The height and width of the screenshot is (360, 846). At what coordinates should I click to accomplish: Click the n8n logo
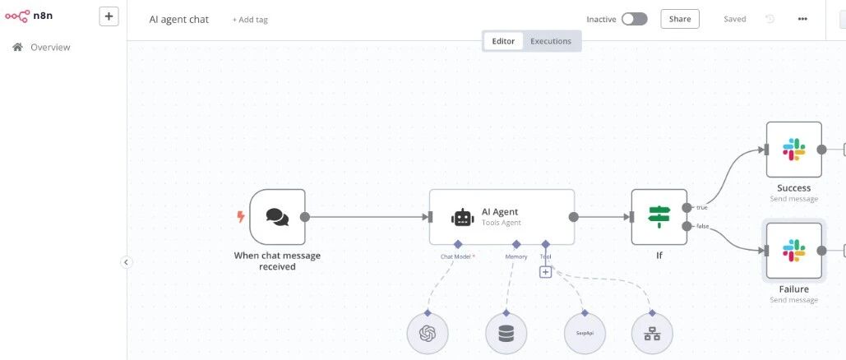(x=29, y=16)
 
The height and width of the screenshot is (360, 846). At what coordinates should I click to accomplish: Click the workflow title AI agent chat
(x=178, y=20)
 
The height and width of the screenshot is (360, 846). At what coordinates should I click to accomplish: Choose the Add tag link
(x=250, y=20)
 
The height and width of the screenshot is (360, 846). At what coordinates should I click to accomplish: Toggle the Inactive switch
(x=634, y=20)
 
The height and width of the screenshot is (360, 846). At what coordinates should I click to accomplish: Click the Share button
(x=680, y=19)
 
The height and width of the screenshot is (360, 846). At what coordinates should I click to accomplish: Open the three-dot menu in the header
(x=802, y=20)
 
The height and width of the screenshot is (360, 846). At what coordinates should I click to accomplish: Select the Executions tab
(x=550, y=41)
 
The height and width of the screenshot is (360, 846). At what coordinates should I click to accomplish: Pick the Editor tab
(x=503, y=41)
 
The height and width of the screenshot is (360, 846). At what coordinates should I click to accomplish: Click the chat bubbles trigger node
(x=277, y=217)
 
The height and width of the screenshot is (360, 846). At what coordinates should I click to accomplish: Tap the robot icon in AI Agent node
(x=463, y=217)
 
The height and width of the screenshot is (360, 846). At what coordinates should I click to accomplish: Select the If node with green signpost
(x=659, y=217)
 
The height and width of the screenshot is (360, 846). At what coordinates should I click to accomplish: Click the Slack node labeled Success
(x=793, y=150)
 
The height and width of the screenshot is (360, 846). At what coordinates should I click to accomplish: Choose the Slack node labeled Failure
(x=793, y=251)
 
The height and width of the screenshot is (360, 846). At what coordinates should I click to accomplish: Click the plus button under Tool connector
(x=545, y=272)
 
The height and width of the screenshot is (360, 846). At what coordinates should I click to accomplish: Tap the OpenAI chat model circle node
(x=428, y=334)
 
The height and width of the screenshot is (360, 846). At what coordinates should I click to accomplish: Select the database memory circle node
(x=506, y=334)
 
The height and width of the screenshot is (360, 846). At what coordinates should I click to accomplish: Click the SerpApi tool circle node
(x=585, y=334)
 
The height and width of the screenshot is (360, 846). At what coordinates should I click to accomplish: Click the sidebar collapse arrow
(x=126, y=262)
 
